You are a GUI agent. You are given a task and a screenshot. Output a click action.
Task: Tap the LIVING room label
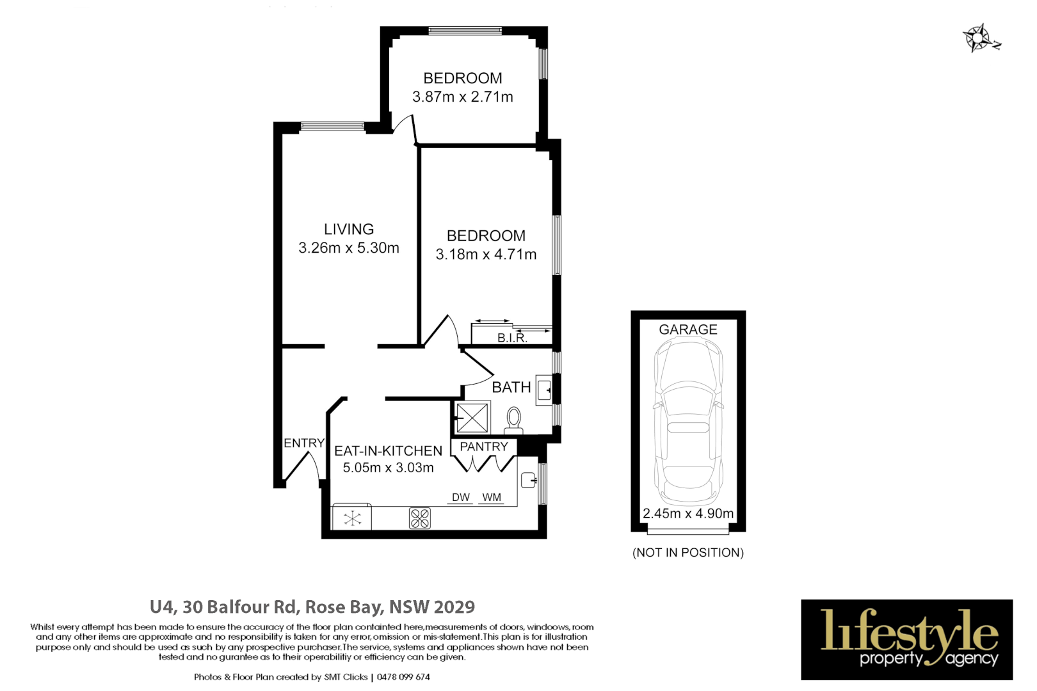pos(348,229)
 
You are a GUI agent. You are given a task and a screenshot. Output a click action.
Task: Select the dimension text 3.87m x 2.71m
pos(462,97)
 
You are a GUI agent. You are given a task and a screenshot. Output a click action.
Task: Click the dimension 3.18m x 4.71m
pos(486,254)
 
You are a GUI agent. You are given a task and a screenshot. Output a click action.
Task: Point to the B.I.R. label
pos(512,338)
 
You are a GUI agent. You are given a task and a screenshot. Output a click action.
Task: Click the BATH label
pos(511,387)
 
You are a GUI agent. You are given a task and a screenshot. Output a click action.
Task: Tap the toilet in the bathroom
pos(513,420)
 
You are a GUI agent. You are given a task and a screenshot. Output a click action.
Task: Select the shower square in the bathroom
pos(472,418)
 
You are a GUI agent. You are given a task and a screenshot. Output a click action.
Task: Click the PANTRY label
pos(484,447)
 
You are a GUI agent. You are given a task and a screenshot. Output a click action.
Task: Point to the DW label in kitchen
pos(460,497)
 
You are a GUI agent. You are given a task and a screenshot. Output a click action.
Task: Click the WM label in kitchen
pos(491,497)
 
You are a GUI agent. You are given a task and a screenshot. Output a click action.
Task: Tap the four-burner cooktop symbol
pos(420,518)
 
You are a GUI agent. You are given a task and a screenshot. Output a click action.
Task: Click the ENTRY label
pos(304,443)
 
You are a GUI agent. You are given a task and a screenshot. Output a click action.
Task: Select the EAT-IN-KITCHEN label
pos(388,450)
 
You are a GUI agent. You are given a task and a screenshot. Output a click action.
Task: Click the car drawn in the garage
pos(688,422)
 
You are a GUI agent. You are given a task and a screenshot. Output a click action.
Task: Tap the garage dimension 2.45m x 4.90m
pos(688,513)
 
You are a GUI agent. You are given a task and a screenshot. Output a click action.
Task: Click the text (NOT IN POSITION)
pos(688,552)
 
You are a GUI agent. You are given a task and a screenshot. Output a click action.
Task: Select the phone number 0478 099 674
pos(403,677)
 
